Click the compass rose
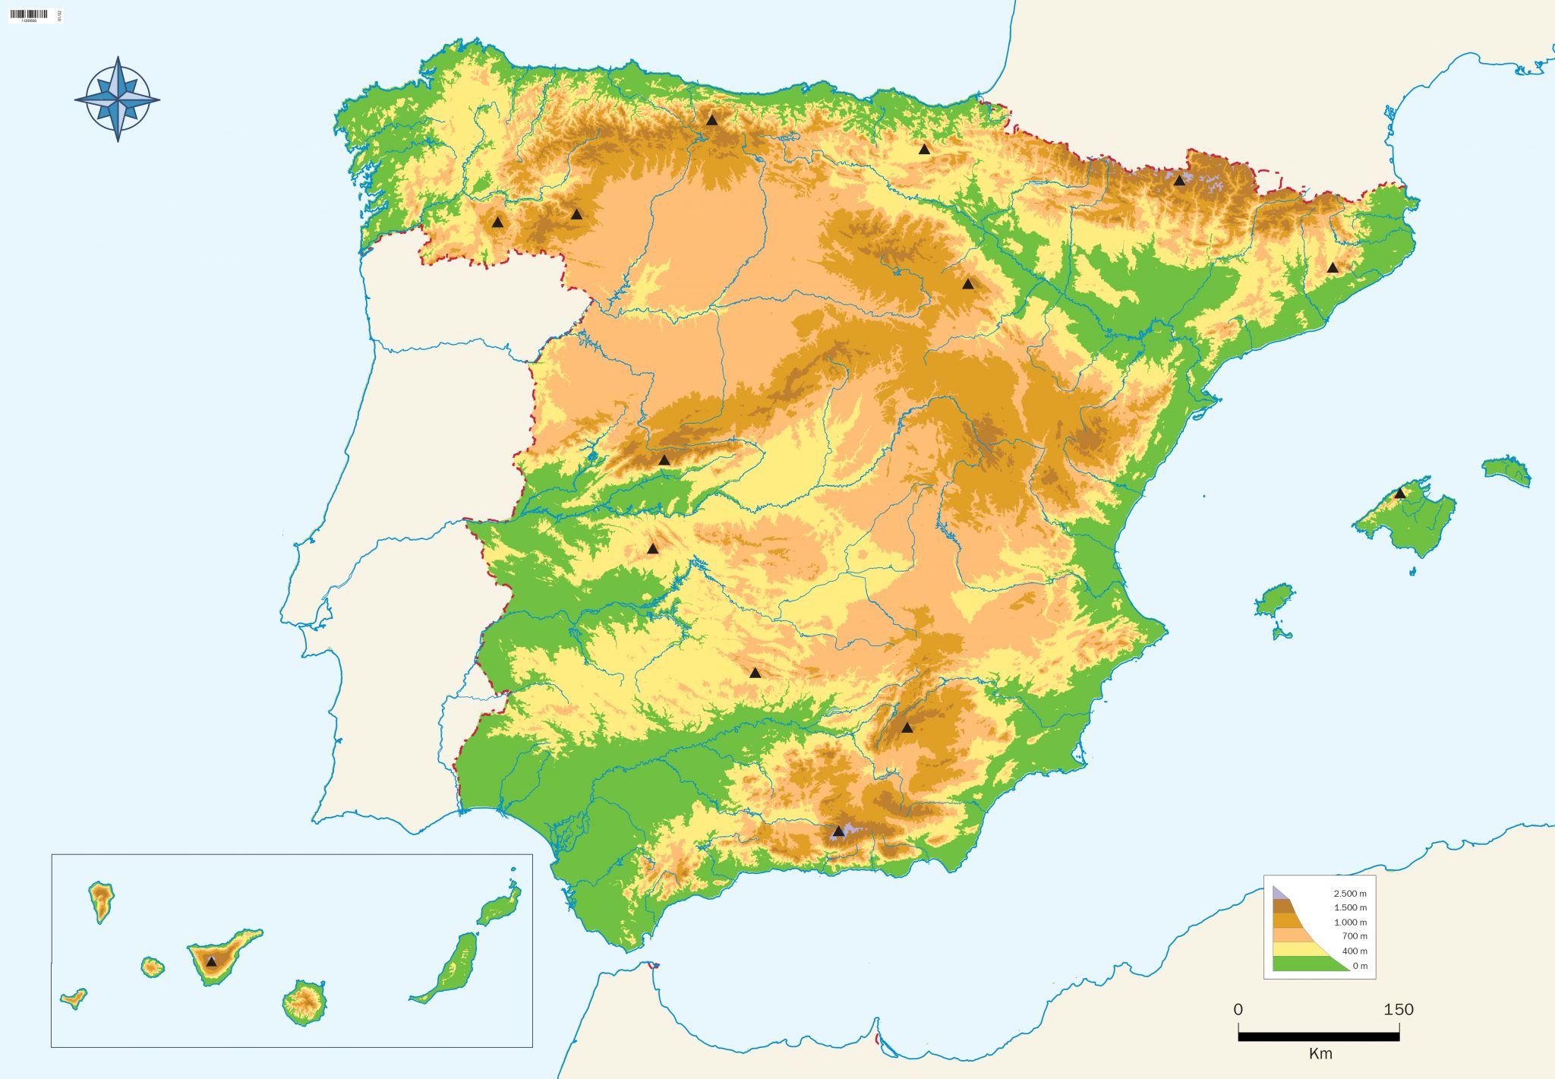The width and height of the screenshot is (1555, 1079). point(118,99)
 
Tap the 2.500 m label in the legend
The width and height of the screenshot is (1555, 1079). point(1349,894)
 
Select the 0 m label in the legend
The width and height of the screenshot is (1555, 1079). point(1359,966)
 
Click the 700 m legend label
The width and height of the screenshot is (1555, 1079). point(1354,936)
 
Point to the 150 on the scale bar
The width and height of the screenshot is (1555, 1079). point(1398,1009)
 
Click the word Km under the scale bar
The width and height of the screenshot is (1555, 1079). point(1320,1053)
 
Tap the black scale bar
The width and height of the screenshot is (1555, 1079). point(1318,1036)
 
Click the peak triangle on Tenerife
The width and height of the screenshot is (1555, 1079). point(211,961)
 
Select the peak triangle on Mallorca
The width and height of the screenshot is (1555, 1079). point(1399,494)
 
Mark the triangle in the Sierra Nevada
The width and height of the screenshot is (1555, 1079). point(837,831)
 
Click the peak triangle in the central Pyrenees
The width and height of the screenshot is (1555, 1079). point(1178,181)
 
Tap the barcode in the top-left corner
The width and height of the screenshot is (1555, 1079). point(30,14)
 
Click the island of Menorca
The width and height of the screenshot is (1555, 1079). point(1506,470)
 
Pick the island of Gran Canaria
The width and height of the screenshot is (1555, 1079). point(304,1002)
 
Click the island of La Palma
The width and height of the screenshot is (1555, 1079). point(101,900)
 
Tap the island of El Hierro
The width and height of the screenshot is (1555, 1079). point(74,999)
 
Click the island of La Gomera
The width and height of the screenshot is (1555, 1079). point(153,967)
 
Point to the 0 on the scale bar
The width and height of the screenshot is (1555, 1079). point(1238,1009)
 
